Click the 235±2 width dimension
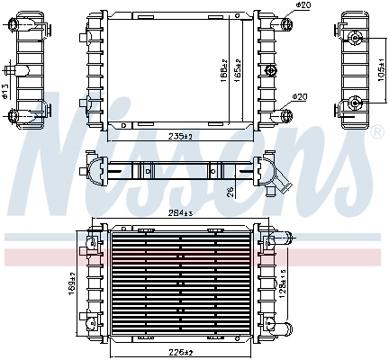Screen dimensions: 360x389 (179, 136)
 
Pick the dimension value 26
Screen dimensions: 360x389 (231, 190)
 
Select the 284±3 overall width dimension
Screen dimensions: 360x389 (181, 213)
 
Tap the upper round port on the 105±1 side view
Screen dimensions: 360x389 (357, 39)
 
